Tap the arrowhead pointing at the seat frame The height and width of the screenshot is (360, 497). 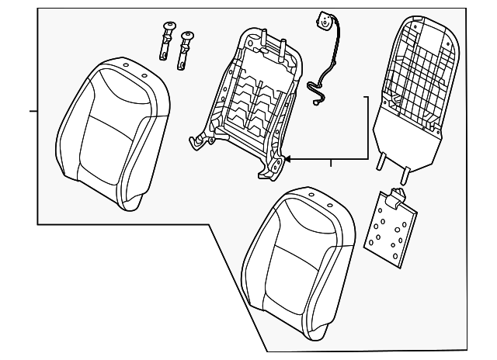(x=287, y=159)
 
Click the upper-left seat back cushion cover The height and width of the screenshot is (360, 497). (x=115, y=132)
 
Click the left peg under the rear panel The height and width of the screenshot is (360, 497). (x=381, y=160)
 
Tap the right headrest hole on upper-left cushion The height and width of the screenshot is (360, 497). (x=144, y=75)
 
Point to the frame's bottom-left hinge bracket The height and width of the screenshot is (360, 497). (x=200, y=140)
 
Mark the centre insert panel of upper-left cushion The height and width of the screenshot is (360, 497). (x=113, y=144)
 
